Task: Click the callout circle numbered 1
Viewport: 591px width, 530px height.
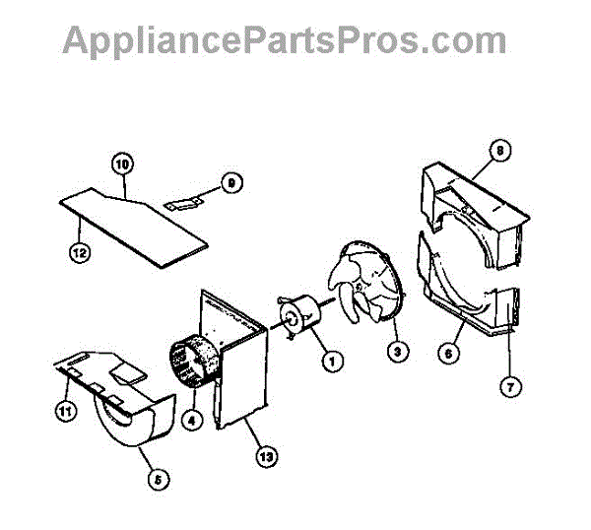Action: [332, 362]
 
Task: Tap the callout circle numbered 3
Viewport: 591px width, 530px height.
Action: [396, 351]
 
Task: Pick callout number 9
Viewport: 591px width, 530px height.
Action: [230, 183]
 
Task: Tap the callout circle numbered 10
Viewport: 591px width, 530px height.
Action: [121, 164]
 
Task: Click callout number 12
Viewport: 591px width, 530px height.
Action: [80, 252]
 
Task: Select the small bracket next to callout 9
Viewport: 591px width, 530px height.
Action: [184, 202]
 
